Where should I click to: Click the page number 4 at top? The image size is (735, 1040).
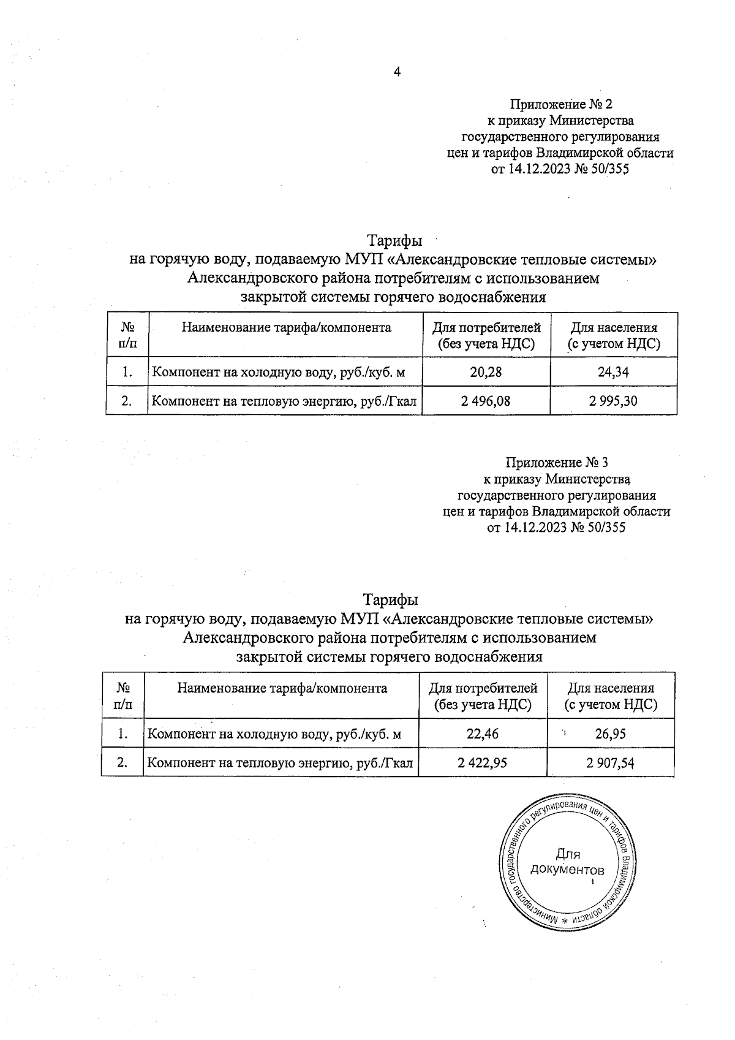tap(397, 72)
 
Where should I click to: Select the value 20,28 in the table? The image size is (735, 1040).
tap(487, 372)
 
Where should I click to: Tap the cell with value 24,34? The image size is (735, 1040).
tap(614, 372)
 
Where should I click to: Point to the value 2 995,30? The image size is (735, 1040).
tap(613, 401)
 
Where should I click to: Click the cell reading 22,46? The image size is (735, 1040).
tap(483, 734)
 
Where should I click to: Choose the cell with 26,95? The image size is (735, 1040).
tap(610, 734)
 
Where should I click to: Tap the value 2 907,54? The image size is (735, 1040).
tap(610, 763)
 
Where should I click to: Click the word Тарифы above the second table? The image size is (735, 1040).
tap(390, 599)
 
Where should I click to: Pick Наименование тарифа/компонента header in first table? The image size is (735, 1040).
tap(286, 327)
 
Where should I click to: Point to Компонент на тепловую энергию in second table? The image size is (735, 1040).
tap(281, 763)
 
